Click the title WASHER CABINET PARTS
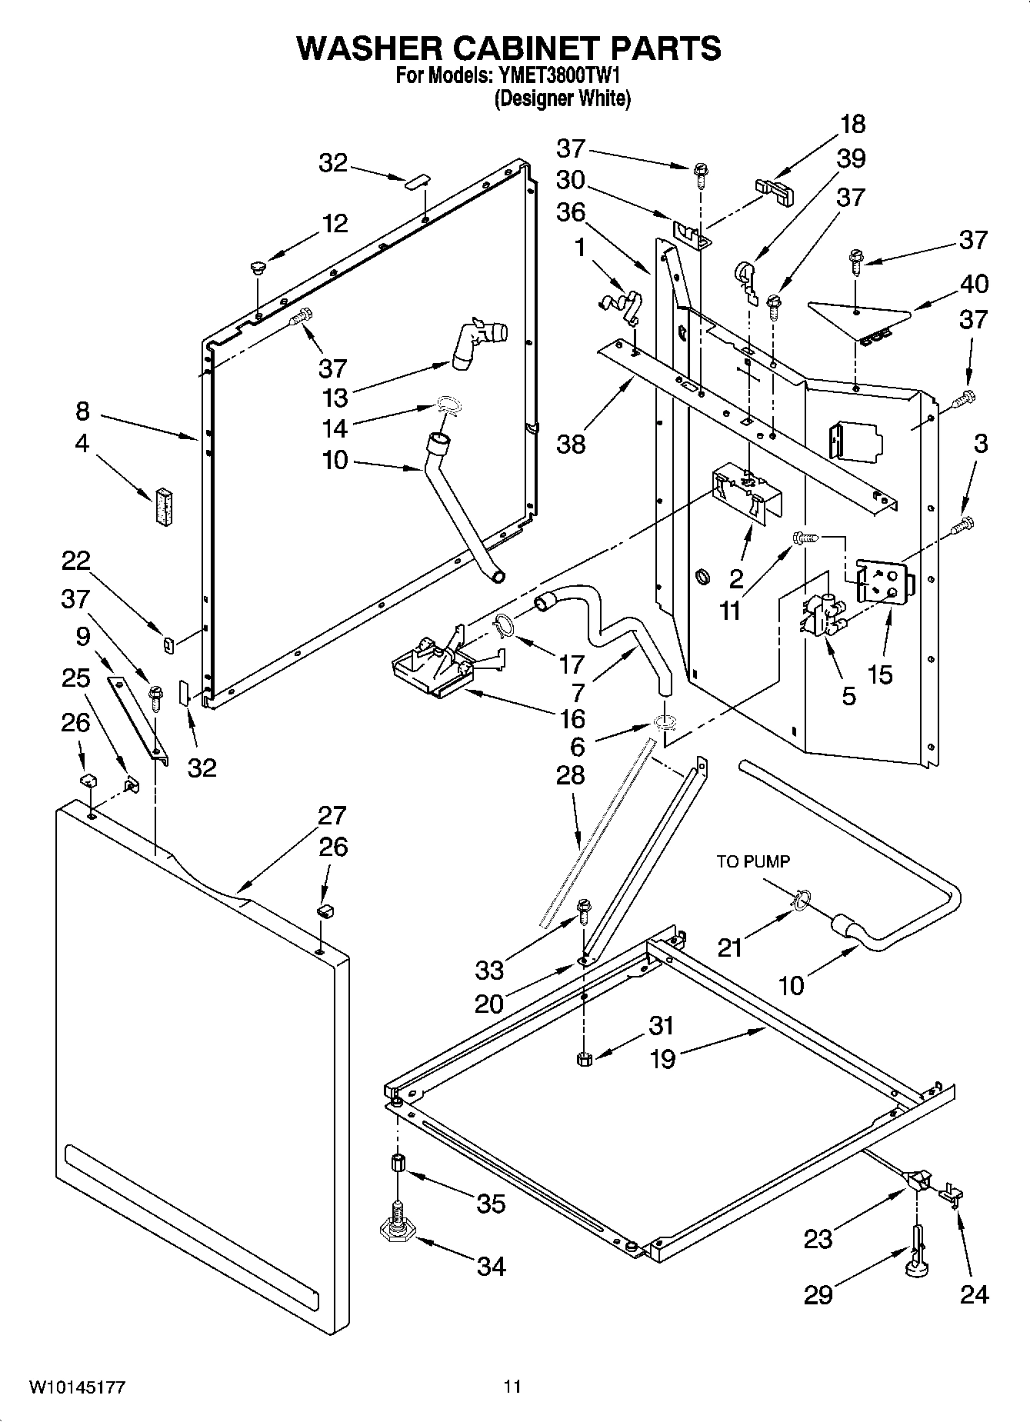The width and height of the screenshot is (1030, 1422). (x=508, y=48)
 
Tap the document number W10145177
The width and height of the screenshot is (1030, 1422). (x=77, y=1387)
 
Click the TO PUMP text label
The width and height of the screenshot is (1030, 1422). (x=753, y=861)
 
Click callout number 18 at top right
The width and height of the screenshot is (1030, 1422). (x=852, y=124)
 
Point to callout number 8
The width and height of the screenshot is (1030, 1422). (x=82, y=411)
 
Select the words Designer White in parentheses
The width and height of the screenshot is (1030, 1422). (x=562, y=98)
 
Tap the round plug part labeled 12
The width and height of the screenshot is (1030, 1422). (x=257, y=268)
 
